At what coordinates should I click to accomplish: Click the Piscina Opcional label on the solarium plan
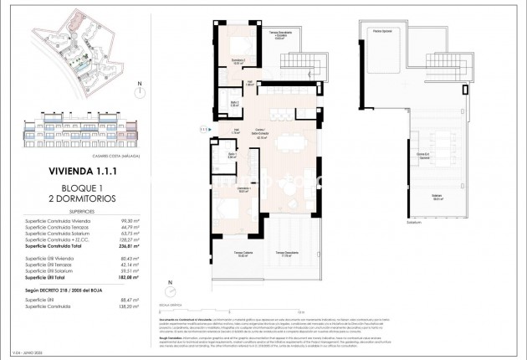coord(382,30)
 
